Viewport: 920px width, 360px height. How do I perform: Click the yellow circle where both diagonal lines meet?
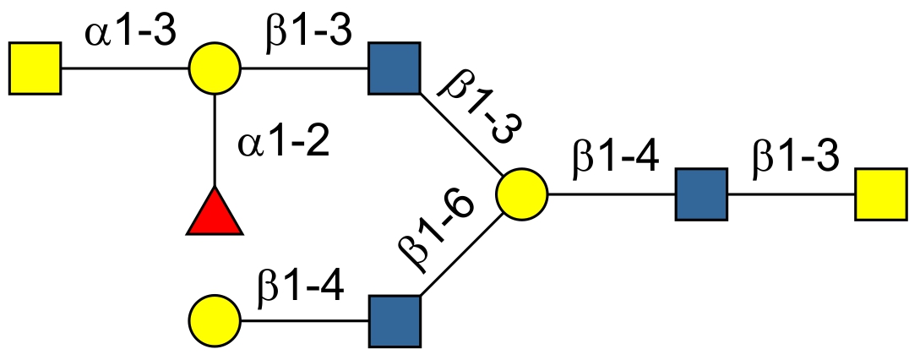[x=521, y=194]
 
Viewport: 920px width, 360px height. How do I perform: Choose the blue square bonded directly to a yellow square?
[x=701, y=194]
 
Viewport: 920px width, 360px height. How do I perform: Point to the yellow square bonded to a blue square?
[x=881, y=194]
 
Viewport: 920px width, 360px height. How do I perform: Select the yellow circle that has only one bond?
[x=215, y=321]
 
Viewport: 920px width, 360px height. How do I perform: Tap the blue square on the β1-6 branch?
[x=395, y=321]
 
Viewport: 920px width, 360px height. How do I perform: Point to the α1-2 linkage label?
[x=283, y=142]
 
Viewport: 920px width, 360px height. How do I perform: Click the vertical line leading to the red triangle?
[x=215, y=139]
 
